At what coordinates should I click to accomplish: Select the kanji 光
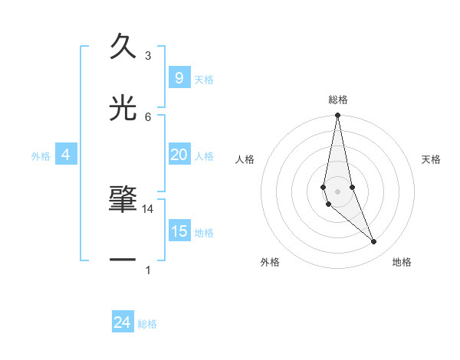(123, 107)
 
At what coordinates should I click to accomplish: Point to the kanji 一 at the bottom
(123, 260)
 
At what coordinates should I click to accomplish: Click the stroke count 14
(148, 209)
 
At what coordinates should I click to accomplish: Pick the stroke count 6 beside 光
(148, 116)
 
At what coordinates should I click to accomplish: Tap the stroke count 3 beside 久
(148, 56)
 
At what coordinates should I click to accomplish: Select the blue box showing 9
(179, 77)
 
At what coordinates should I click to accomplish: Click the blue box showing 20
(179, 155)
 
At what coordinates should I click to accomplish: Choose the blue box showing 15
(179, 231)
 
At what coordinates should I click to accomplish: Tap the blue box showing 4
(66, 155)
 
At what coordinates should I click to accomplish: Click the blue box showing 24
(123, 322)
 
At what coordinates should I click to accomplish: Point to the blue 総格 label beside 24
(148, 324)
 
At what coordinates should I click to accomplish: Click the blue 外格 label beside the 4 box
(41, 156)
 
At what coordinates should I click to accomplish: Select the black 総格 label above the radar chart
(338, 100)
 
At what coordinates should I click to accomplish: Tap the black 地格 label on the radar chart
(402, 262)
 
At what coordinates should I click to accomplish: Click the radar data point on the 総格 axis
(337, 116)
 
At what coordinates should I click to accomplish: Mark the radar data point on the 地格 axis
(374, 242)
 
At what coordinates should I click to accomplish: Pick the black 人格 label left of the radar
(245, 159)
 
